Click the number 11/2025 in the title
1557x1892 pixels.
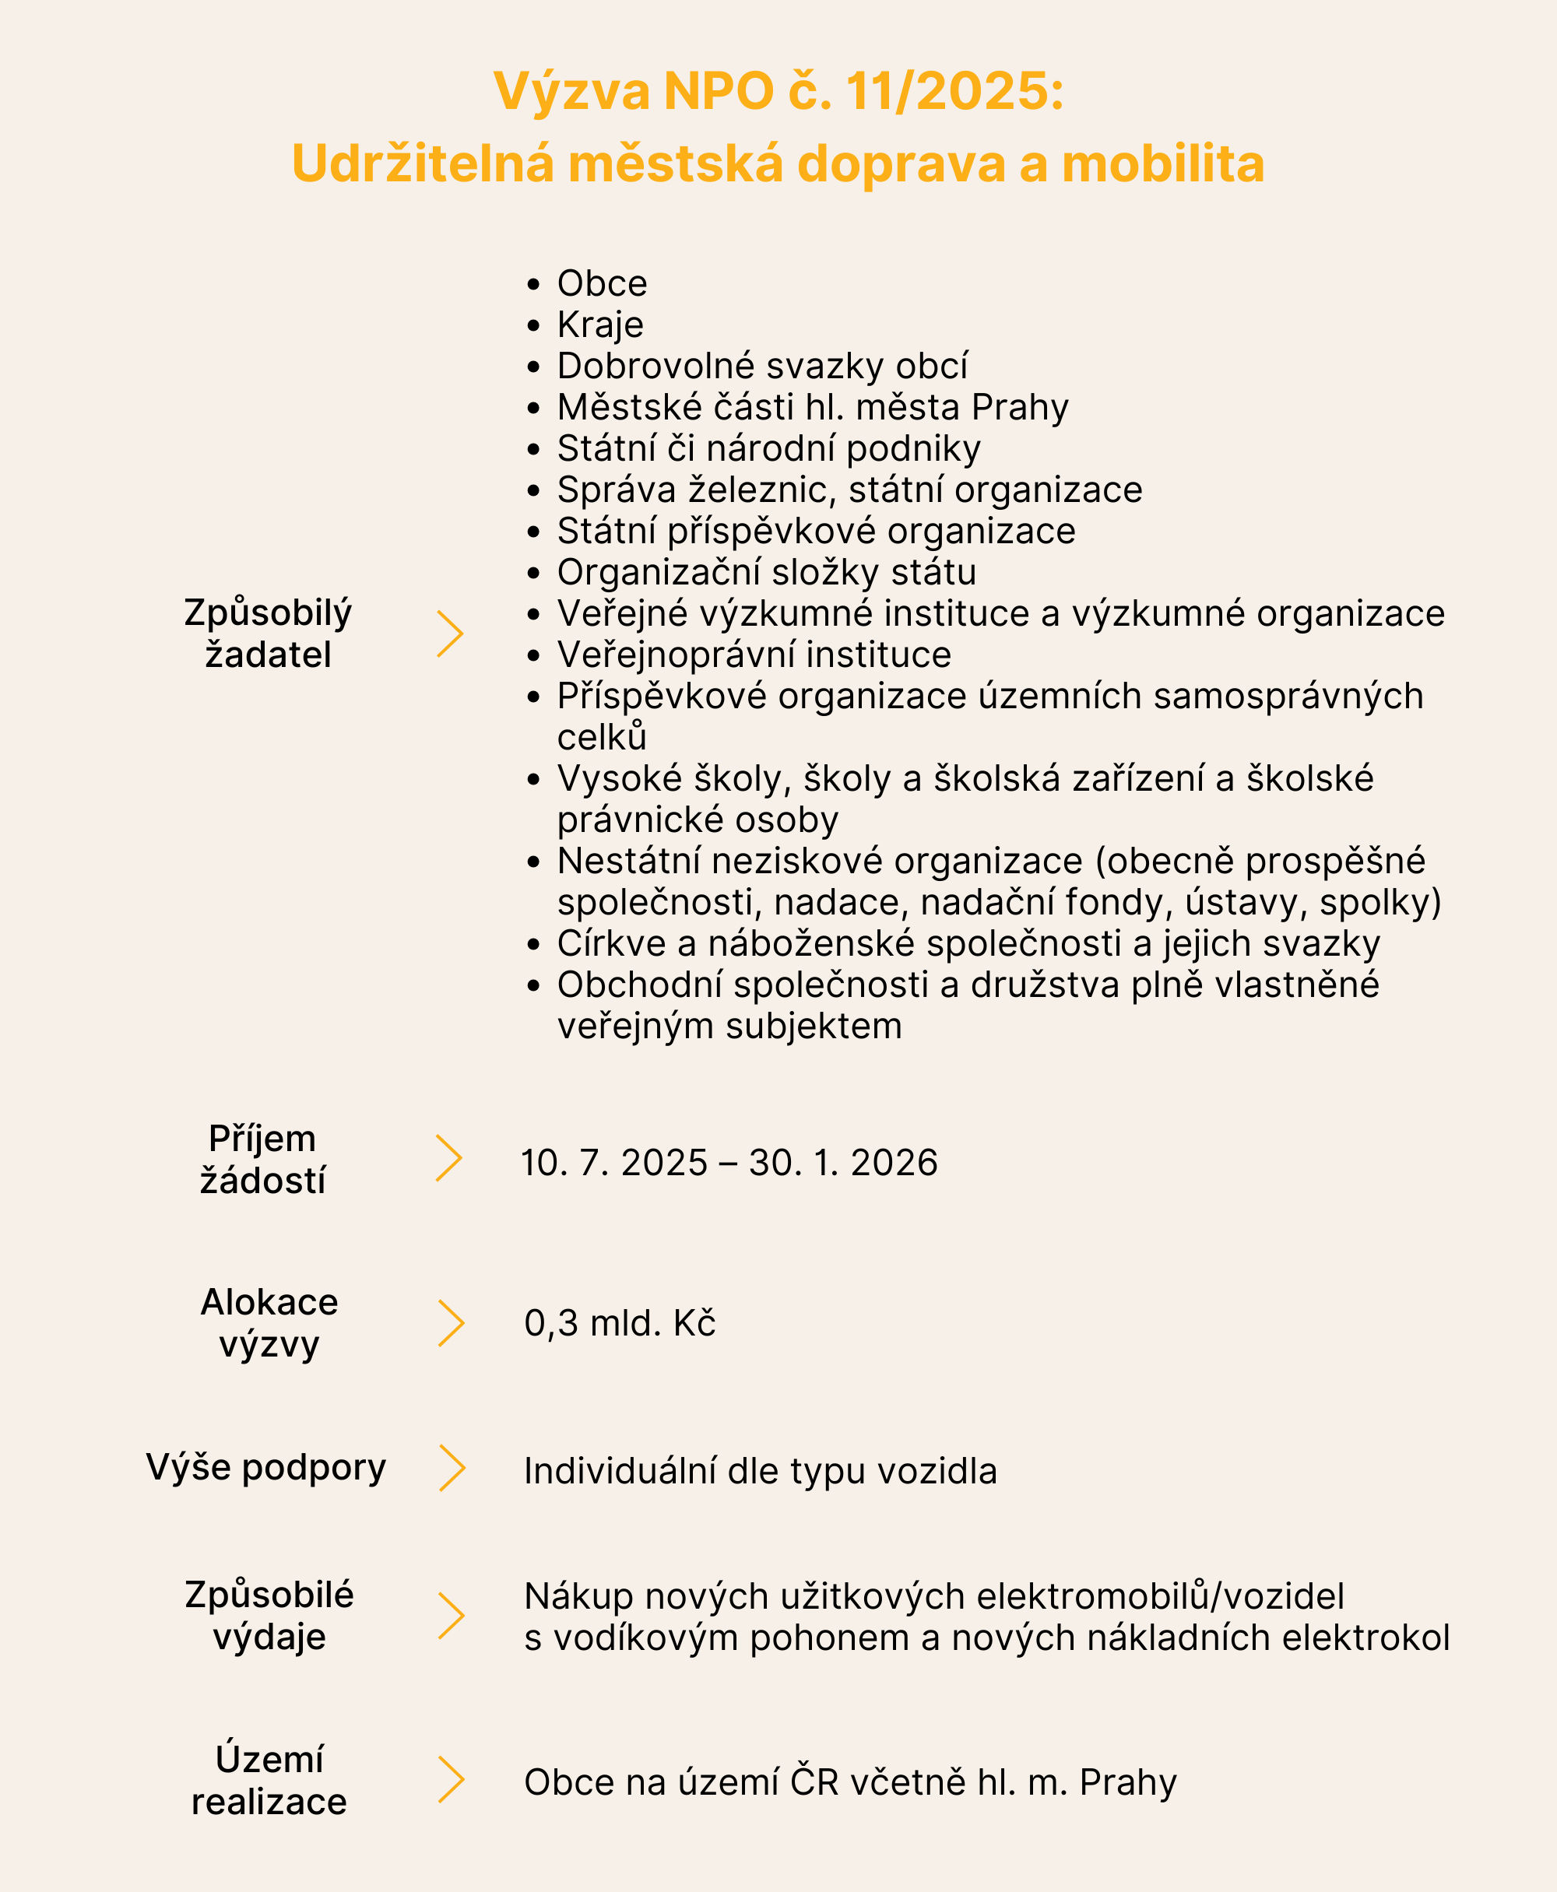(954, 92)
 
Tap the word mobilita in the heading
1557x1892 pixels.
(1163, 164)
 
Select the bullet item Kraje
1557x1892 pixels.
(600, 325)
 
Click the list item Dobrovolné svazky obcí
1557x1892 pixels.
(762, 366)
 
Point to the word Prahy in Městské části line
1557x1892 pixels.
(1020, 407)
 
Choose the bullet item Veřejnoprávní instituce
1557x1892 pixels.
(754, 655)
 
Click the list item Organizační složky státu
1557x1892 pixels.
(766, 572)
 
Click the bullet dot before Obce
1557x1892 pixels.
(533, 284)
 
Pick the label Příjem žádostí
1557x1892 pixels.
(263, 1160)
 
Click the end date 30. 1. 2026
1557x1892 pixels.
(843, 1163)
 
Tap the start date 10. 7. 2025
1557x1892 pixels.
(614, 1163)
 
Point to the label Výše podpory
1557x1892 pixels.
(266, 1468)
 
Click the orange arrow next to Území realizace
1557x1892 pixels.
(451, 1780)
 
